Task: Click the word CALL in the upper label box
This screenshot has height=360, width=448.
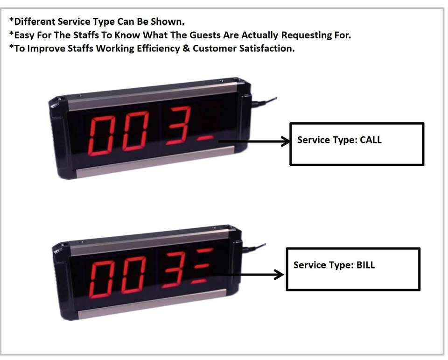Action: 371,140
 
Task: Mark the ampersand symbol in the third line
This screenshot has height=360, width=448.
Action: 186,49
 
